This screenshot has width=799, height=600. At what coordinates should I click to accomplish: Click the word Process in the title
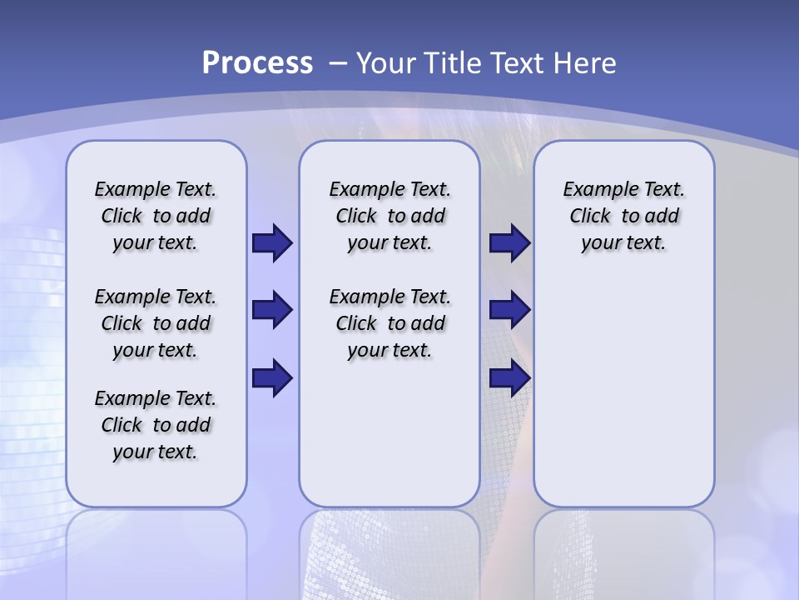(x=257, y=62)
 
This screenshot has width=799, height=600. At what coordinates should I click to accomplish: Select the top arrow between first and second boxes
(x=272, y=242)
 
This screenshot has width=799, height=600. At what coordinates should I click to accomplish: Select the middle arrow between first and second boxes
(x=272, y=310)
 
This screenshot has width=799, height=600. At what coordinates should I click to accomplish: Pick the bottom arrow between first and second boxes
(x=272, y=378)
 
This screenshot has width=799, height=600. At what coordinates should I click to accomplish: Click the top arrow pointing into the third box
(x=509, y=242)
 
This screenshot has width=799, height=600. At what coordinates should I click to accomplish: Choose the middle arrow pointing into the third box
(x=509, y=310)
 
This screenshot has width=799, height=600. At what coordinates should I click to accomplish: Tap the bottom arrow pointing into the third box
(x=509, y=378)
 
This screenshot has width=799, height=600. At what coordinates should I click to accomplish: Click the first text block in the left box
(x=156, y=216)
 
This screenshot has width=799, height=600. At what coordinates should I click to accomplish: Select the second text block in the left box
(x=156, y=323)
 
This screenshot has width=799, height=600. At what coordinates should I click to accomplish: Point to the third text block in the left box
(x=156, y=425)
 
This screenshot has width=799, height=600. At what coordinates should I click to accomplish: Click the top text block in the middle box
(x=390, y=216)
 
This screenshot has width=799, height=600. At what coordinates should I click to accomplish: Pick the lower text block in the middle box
(x=390, y=323)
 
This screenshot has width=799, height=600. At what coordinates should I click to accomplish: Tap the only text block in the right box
(x=623, y=216)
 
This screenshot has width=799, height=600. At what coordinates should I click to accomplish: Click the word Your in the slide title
(x=386, y=62)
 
